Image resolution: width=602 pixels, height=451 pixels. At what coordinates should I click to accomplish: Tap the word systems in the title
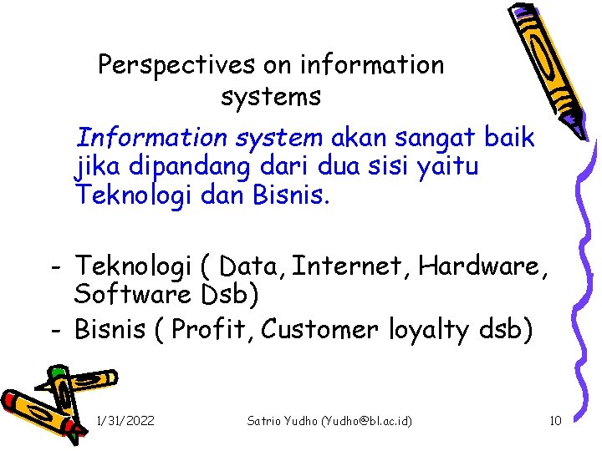[271, 97]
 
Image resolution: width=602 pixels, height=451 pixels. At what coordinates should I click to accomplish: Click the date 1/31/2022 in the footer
[125, 421]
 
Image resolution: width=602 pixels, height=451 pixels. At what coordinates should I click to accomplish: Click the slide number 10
[555, 421]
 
